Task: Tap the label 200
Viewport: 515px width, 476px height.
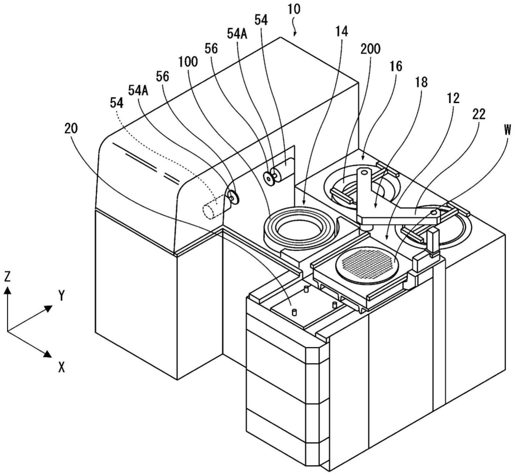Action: click(370, 49)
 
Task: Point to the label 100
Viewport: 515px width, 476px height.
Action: click(188, 62)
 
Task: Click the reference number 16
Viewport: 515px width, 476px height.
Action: click(396, 66)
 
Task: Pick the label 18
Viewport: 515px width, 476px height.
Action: click(421, 82)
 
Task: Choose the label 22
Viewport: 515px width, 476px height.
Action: click(479, 114)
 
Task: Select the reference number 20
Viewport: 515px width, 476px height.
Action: click(71, 128)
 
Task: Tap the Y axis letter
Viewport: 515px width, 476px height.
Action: click(62, 296)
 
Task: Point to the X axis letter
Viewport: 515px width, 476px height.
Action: click(62, 367)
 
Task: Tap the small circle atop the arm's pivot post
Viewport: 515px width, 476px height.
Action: click(364, 173)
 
